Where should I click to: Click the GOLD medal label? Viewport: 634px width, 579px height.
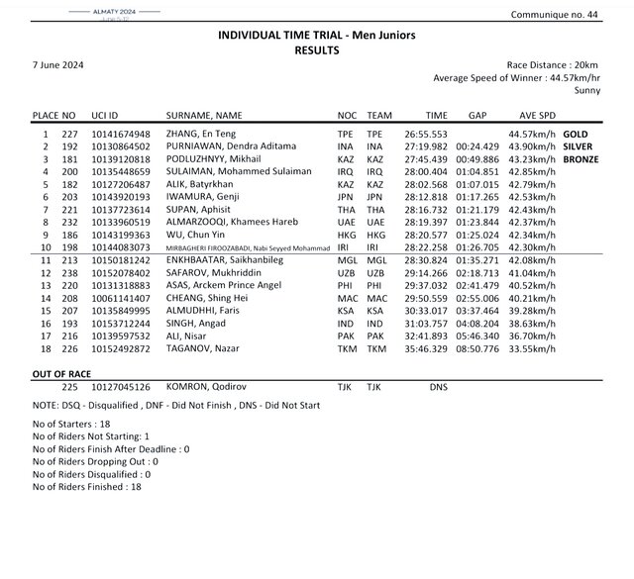577,133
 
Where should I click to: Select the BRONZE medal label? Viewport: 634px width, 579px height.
581,158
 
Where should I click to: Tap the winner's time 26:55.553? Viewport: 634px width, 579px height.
427,133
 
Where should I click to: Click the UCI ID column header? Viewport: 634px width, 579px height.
106,115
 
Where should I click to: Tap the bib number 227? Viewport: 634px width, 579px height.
69,133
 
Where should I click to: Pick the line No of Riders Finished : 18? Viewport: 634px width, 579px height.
87,486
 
